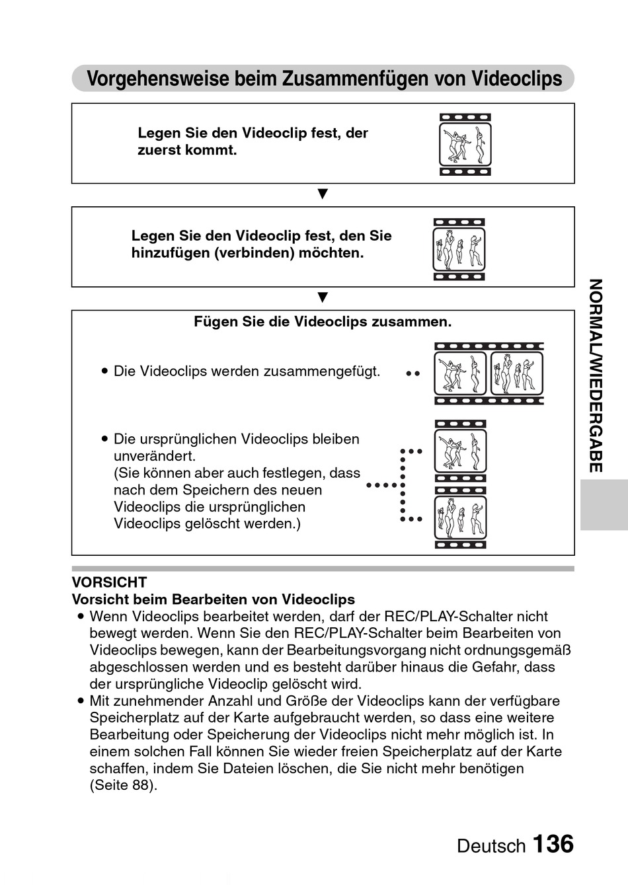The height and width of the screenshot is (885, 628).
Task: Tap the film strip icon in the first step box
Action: pyautogui.click(x=465, y=144)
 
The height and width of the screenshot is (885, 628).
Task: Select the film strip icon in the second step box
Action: pyautogui.click(x=459, y=249)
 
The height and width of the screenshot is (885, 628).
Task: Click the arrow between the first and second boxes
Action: pyautogui.click(x=323, y=194)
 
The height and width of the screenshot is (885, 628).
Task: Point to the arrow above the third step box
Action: pyautogui.click(x=323, y=297)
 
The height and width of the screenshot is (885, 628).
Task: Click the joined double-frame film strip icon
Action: pyautogui.click(x=489, y=373)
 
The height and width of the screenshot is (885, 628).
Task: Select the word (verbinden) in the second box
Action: pyautogui.click(x=254, y=253)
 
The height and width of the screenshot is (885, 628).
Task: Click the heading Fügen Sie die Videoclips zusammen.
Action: pyautogui.click(x=323, y=322)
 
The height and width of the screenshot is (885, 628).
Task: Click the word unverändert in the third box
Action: pyautogui.click(x=154, y=456)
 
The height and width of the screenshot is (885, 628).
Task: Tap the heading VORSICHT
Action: pyautogui.click(x=109, y=582)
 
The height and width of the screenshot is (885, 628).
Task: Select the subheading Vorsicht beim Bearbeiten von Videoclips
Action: pyautogui.click(x=213, y=599)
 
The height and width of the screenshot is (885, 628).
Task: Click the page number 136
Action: pyautogui.click(x=553, y=844)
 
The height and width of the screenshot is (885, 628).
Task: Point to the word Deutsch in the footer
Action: pyautogui.click(x=491, y=846)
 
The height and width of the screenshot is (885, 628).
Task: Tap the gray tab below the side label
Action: pyautogui.click(x=604, y=505)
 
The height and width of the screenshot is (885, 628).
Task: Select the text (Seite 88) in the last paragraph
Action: pyautogui.click(x=123, y=786)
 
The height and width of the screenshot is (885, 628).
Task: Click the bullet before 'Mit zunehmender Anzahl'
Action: pyautogui.click(x=80, y=701)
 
